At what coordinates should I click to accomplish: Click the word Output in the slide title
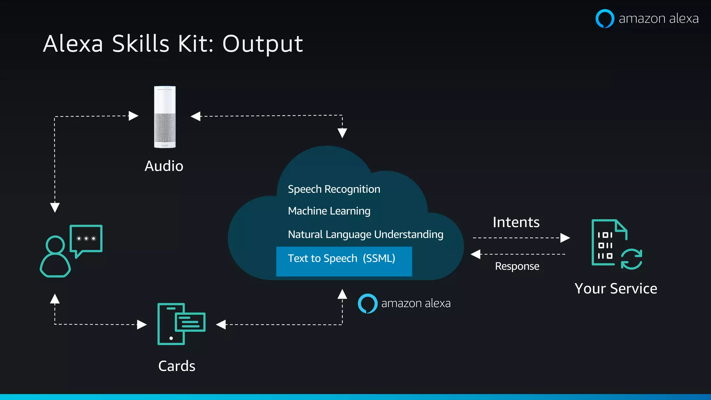(x=262, y=44)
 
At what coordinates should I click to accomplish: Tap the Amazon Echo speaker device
(x=165, y=117)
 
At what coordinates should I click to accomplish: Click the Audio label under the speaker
(x=164, y=166)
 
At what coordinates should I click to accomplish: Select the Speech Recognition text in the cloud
(x=334, y=189)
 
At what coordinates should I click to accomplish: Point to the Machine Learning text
(x=329, y=211)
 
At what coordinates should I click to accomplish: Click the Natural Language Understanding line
(x=366, y=234)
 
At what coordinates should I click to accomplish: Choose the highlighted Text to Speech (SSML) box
(x=344, y=261)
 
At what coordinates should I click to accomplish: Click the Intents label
(x=516, y=222)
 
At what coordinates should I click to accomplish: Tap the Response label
(x=517, y=266)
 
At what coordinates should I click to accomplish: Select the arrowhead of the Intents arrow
(x=566, y=238)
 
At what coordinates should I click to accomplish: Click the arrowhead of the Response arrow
(x=475, y=254)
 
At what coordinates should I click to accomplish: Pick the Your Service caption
(x=616, y=289)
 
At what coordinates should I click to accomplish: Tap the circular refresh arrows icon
(x=631, y=259)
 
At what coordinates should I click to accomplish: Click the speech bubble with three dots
(x=86, y=239)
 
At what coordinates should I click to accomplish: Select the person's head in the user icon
(x=56, y=245)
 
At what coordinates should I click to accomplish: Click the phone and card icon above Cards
(x=181, y=324)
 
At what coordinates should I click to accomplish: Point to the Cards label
(x=177, y=366)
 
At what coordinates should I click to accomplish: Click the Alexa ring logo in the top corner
(x=605, y=18)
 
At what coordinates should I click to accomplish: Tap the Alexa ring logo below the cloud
(x=368, y=303)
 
